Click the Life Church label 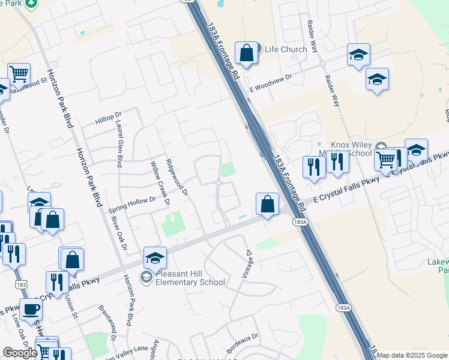point(286,49)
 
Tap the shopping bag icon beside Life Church point(246,53)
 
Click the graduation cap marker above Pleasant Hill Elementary point(155,259)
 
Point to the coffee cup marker point(31,310)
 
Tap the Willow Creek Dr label point(159,182)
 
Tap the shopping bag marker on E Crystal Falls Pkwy point(267,204)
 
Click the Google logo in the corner point(20,353)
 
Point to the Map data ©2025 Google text point(412,355)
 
